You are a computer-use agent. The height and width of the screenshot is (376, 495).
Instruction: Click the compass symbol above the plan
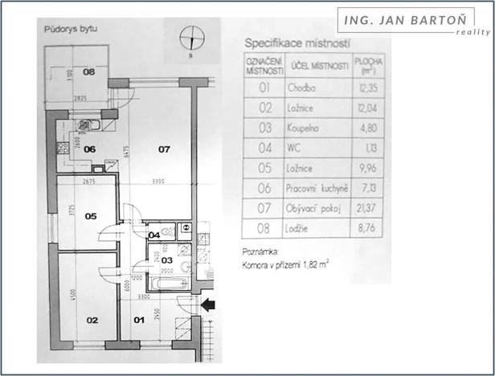click(x=191, y=36)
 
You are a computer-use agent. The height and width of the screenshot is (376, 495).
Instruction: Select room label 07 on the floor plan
click(x=164, y=149)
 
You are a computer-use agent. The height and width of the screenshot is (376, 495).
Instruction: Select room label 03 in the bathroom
click(x=167, y=260)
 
